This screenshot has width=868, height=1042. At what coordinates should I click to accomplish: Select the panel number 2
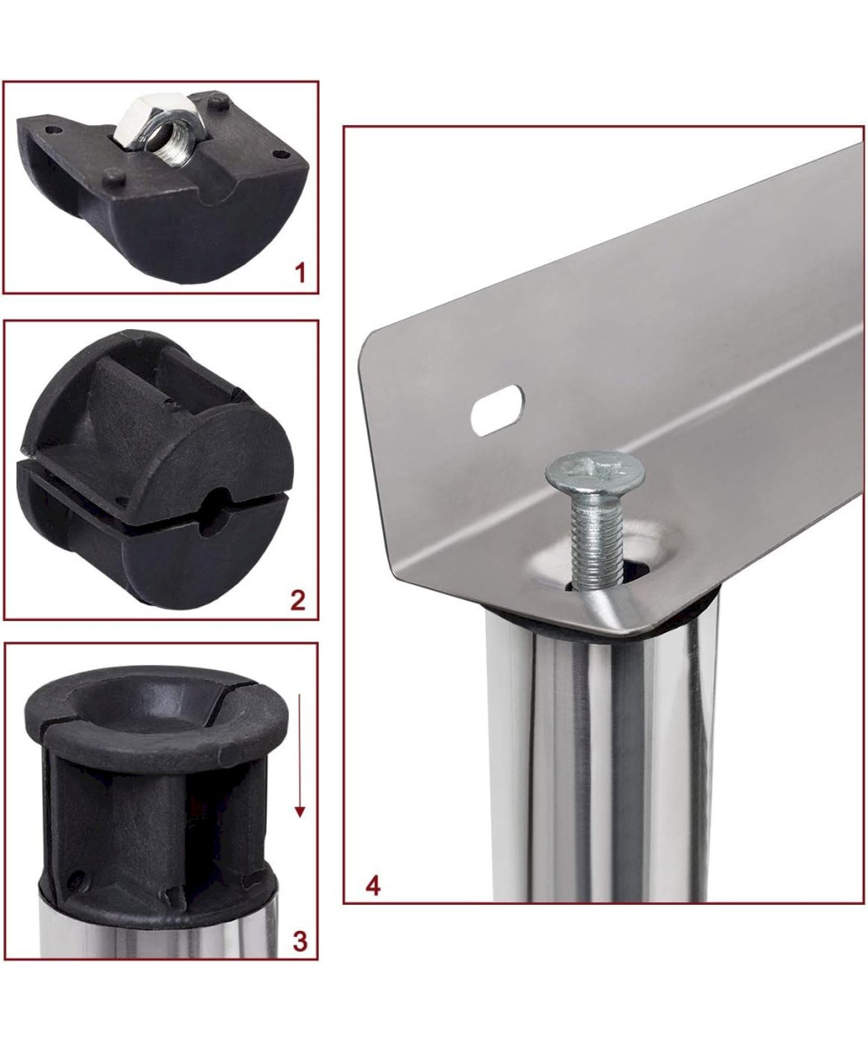(298, 600)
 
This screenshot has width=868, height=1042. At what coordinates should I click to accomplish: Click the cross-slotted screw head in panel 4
(595, 472)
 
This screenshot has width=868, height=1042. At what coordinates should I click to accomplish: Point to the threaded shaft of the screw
(596, 539)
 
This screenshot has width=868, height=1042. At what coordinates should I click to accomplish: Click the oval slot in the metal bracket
(497, 410)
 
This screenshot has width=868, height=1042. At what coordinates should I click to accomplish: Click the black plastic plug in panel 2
(155, 469)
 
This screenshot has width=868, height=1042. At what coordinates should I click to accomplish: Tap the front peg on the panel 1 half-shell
(114, 177)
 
